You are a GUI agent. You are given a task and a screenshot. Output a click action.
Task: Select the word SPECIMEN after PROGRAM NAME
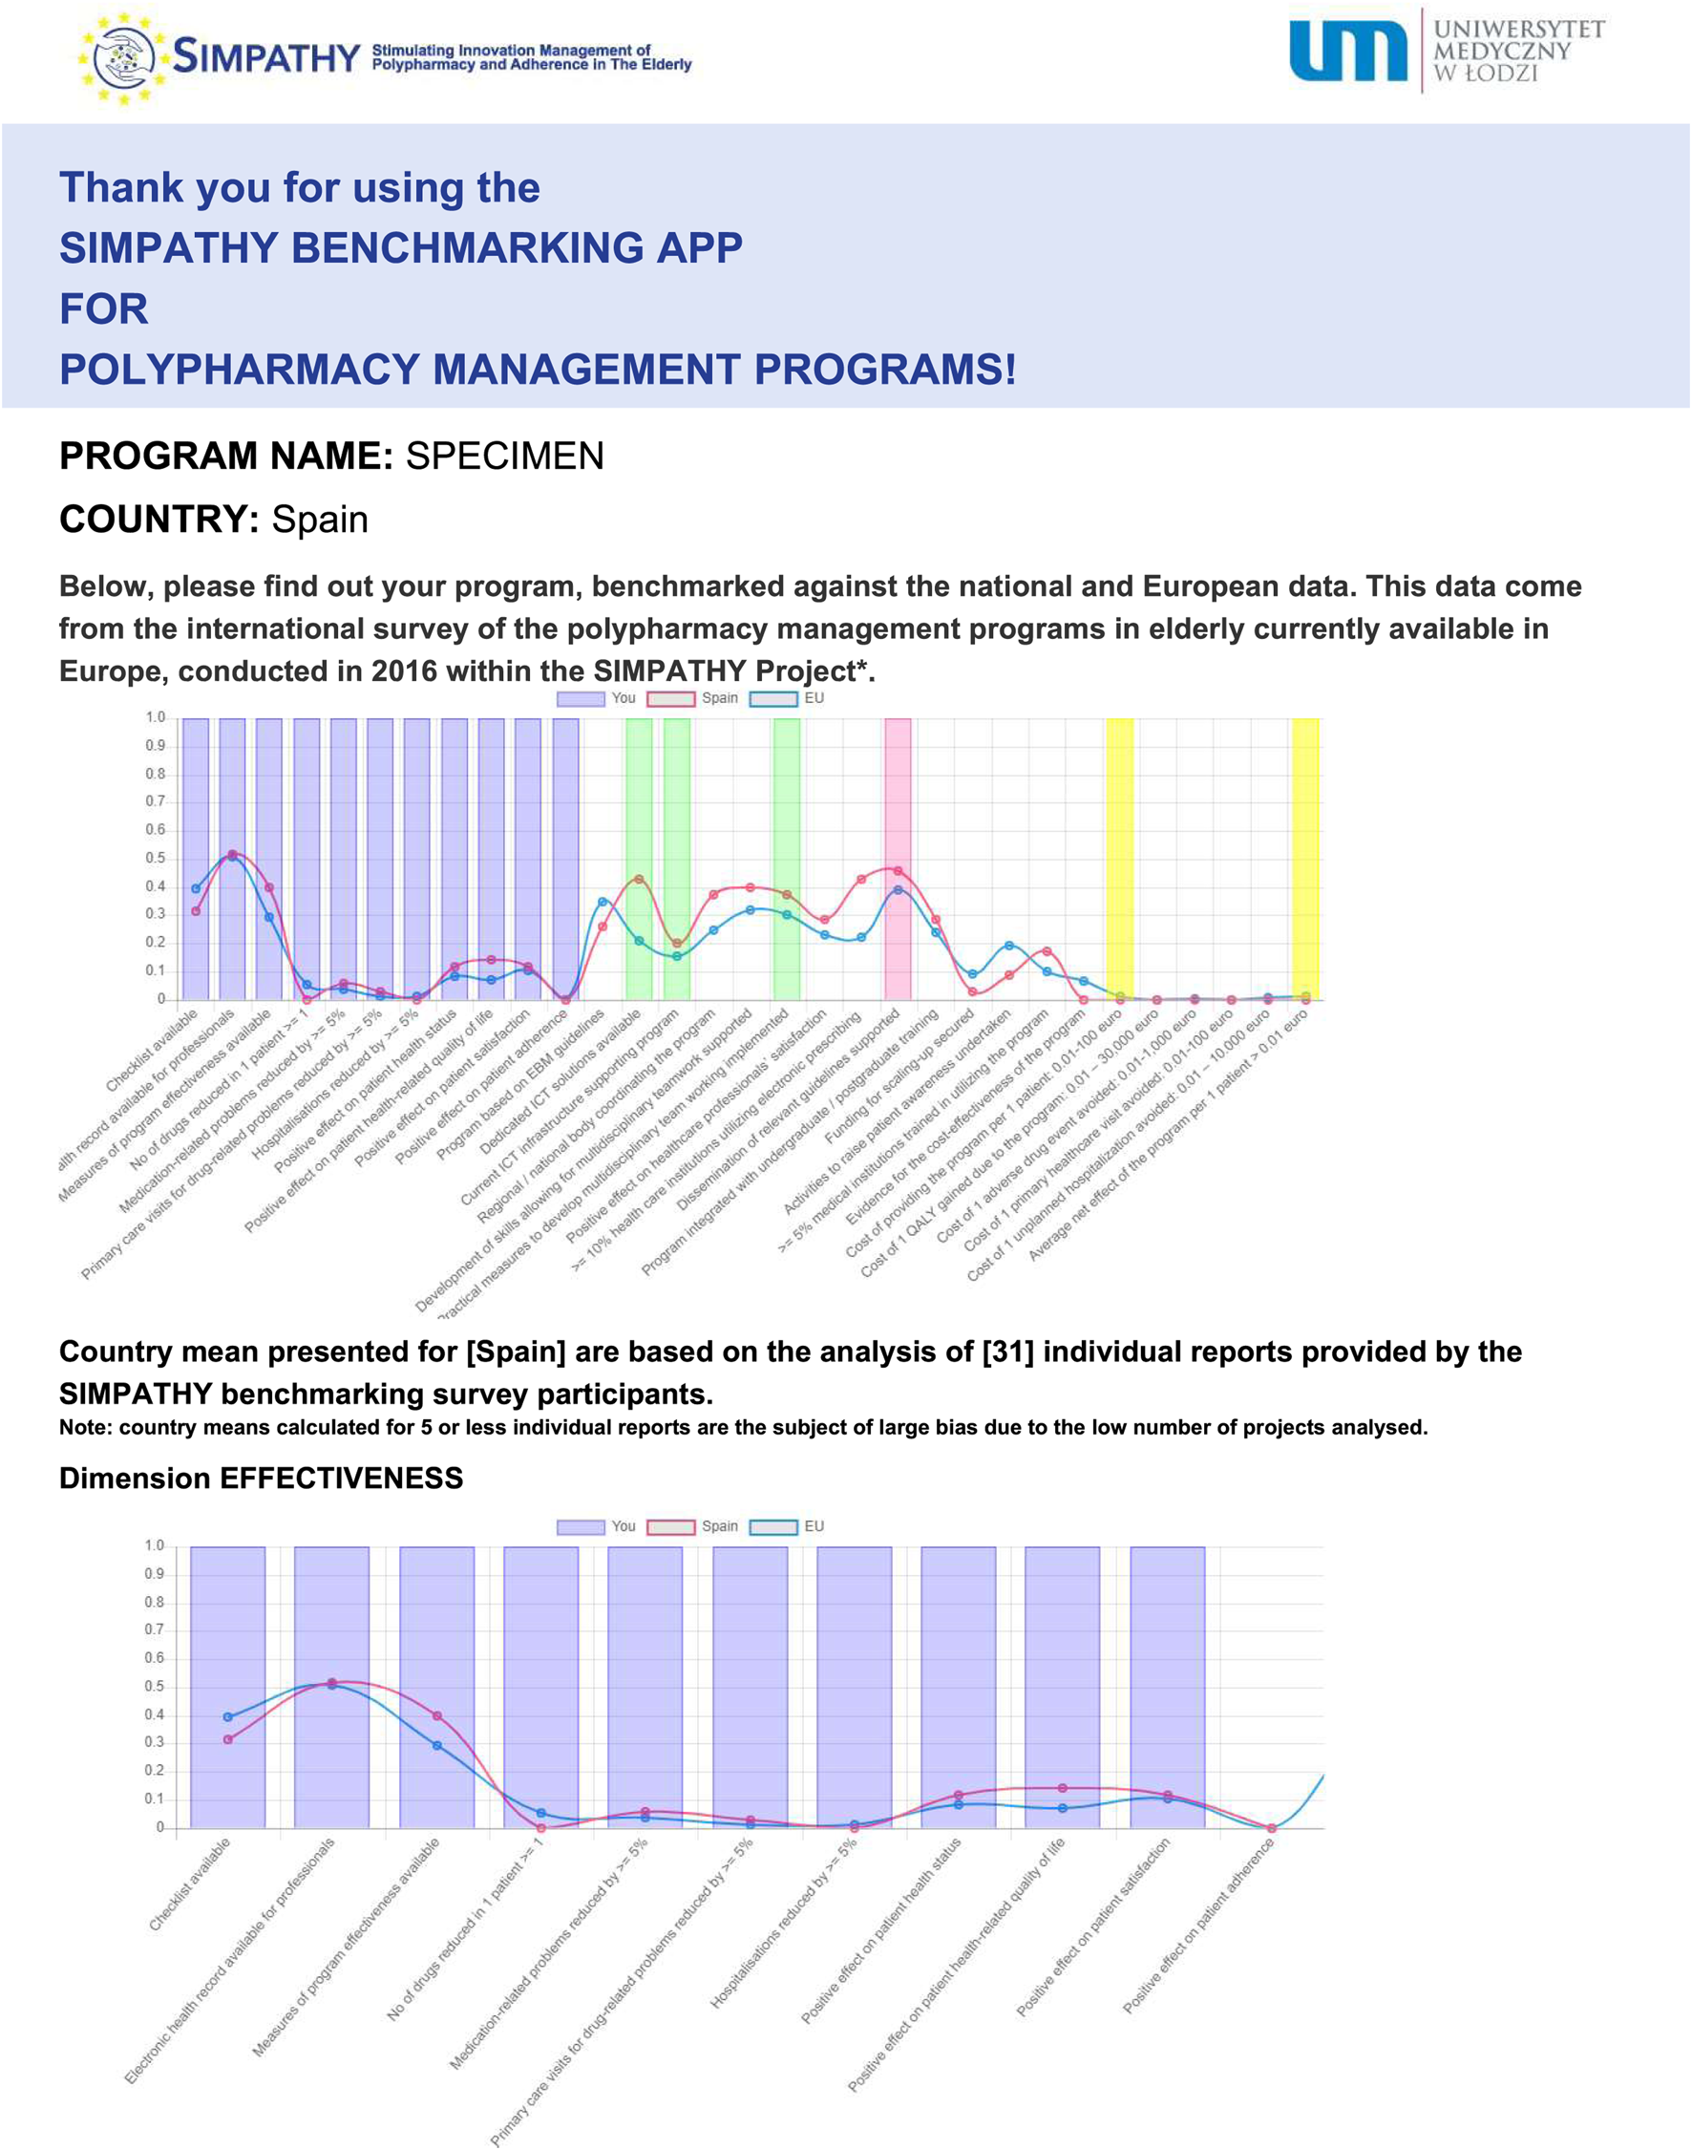pos(504,457)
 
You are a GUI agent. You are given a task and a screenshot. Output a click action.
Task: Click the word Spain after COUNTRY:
pos(320,521)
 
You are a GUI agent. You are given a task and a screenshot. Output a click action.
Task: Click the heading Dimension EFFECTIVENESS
pos(262,1479)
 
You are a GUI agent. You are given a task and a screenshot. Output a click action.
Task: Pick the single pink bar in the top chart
pos(898,858)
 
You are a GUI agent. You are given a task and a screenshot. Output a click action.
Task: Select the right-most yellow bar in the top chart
pos(1304,858)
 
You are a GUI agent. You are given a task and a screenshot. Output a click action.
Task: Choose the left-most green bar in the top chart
pos(639,858)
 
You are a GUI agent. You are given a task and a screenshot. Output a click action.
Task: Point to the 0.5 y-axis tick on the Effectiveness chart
pos(154,1688)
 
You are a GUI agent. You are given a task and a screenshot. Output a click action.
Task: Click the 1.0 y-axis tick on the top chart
pos(155,717)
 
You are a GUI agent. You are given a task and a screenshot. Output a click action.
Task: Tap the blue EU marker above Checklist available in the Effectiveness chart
pos(228,1717)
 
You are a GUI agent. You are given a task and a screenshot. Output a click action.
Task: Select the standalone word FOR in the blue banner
pos(104,309)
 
